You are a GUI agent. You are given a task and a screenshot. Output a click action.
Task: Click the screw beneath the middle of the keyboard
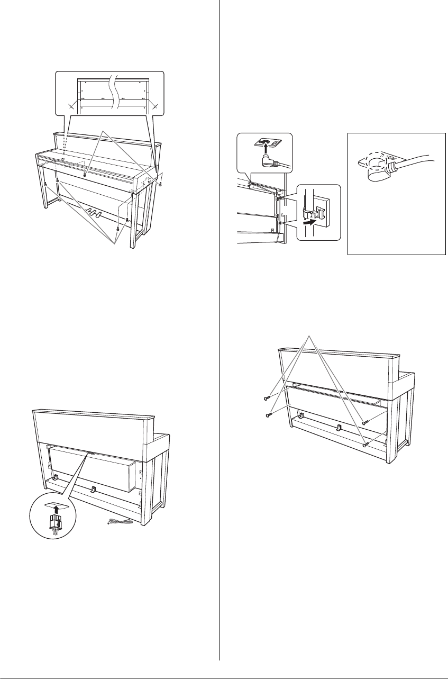(84, 174)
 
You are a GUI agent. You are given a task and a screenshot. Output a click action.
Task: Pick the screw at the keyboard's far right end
(161, 184)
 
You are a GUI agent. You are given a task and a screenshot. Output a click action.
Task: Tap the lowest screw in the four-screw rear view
(365, 445)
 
